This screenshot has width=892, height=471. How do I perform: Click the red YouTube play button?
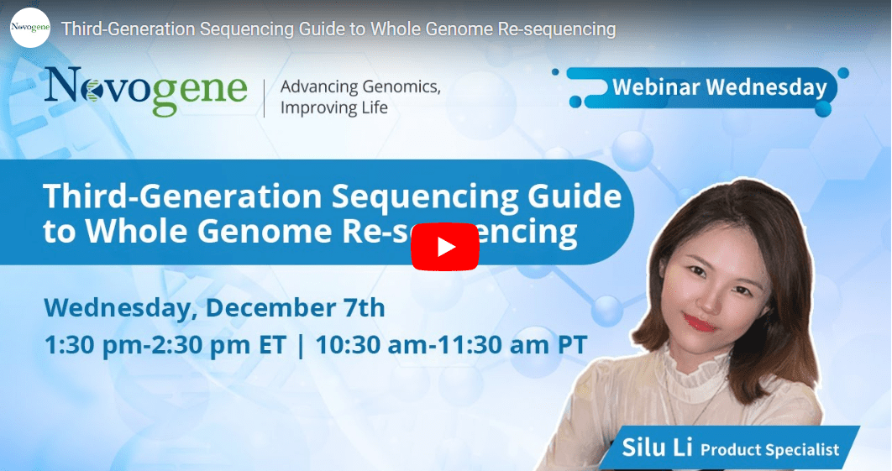(445, 247)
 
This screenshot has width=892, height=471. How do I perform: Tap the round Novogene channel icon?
(30, 28)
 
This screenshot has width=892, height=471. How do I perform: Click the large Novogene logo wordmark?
(145, 91)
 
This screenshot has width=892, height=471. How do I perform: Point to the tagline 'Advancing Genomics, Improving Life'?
(360, 97)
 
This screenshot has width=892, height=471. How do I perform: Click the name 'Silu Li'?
(657, 447)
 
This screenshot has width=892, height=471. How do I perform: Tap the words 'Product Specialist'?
(769, 449)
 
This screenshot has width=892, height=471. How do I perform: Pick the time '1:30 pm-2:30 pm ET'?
(165, 345)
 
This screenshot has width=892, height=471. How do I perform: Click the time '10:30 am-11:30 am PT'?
(451, 345)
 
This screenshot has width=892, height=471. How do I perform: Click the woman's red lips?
(699, 323)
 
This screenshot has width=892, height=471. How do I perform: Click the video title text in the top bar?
(338, 29)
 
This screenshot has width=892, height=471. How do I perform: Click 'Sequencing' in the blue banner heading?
(425, 197)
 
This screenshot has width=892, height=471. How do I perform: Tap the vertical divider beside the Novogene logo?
(264, 98)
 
